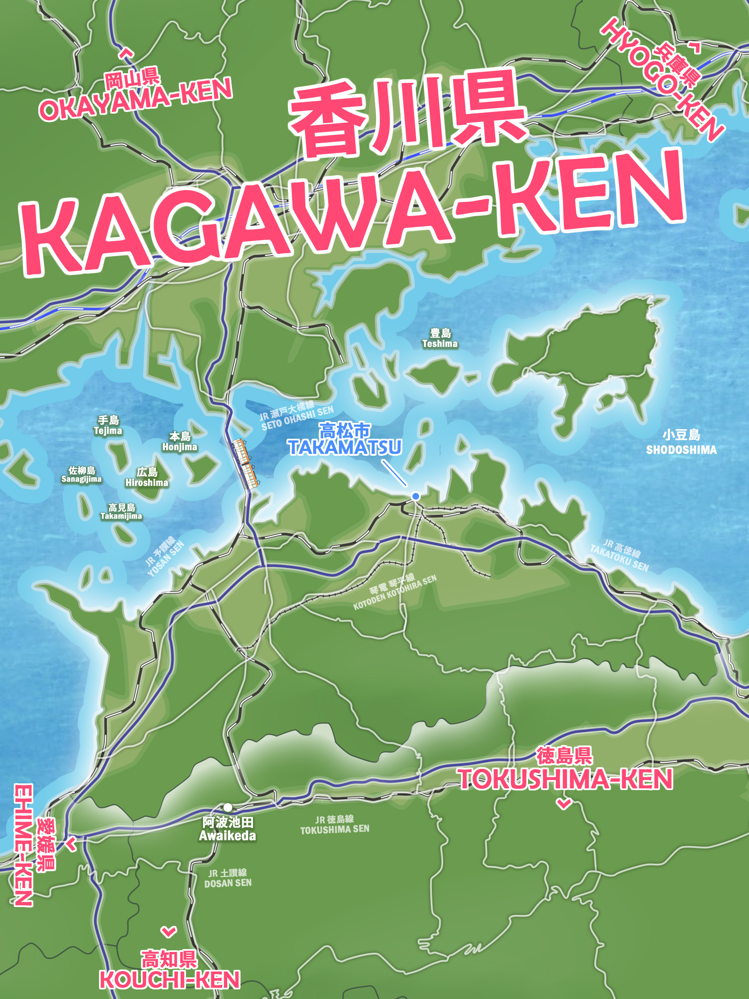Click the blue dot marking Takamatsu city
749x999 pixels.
pyautogui.click(x=415, y=496)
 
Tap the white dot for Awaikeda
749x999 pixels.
pyautogui.click(x=228, y=807)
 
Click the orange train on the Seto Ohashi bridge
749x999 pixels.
pyautogui.click(x=245, y=464)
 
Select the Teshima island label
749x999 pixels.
pyautogui.click(x=440, y=338)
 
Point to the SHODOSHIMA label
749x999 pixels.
pyautogui.click(x=681, y=450)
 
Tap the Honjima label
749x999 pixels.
pyautogui.click(x=180, y=441)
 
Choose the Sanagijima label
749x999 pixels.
pyautogui.click(x=81, y=475)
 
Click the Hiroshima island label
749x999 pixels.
pyautogui.click(x=147, y=477)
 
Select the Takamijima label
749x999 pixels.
pyautogui.click(x=121, y=512)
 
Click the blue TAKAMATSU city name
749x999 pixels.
pyautogui.click(x=345, y=447)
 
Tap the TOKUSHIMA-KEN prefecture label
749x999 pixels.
pyautogui.click(x=565, y=779)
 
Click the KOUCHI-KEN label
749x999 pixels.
pyautogui.click(x=169, y=979)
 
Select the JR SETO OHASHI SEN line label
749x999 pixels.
pyautogui.click(x=297, y=416)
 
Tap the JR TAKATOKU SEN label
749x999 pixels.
pyautogui.click(x=620, y=556)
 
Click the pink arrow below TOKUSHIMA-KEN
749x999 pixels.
pyautogui.click(x=564, y=803)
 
